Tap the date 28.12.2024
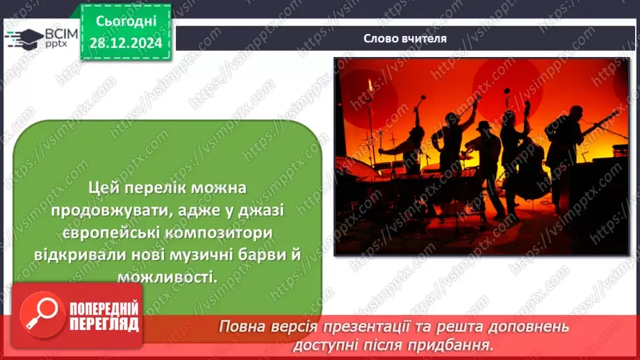[x=126, y=43]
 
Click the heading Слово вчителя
[x=404, y=38]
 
